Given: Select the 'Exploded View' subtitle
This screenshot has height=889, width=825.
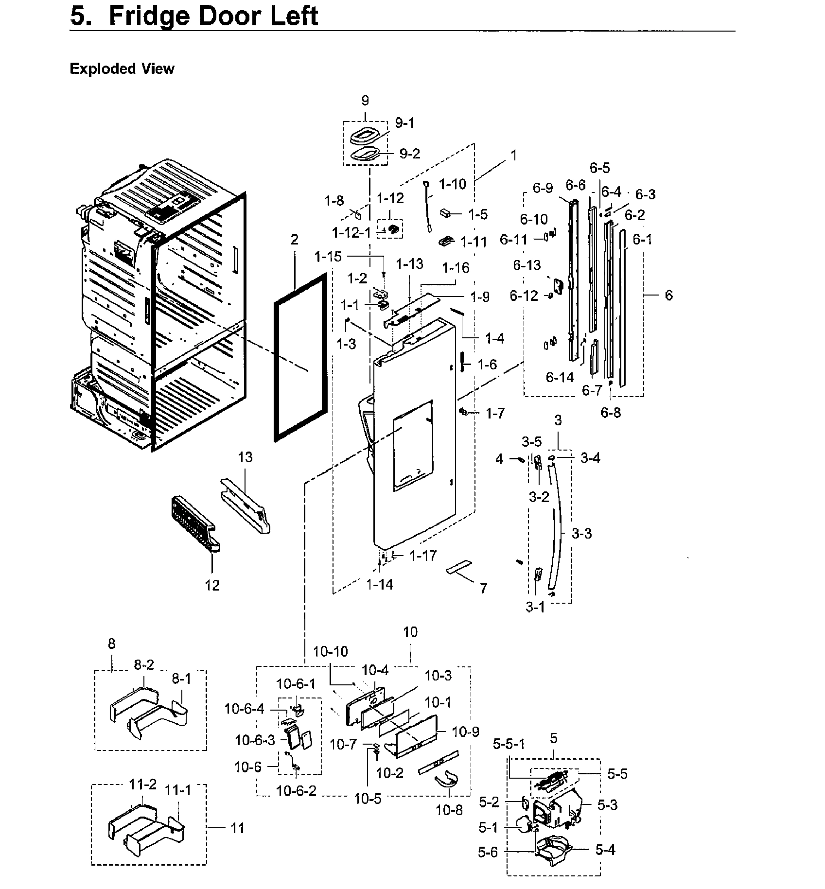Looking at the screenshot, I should (x=122, y=69).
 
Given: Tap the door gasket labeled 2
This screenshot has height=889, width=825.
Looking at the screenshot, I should (x=276, y=369).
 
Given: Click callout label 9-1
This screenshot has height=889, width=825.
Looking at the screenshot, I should (x=404, y=123).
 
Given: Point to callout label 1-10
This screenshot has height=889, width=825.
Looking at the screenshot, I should (x=452, y=184).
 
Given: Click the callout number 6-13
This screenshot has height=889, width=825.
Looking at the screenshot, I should (x=527, y=265).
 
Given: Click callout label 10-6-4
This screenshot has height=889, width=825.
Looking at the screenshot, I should (x=245, y=709).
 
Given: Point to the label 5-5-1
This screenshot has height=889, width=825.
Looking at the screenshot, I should (x=509, y=744).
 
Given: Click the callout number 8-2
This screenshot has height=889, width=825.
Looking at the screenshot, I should (x=144, y=665).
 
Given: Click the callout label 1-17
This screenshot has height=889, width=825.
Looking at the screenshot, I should (x=423, y=556).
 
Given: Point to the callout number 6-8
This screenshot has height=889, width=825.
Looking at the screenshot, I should (x=611, y=413).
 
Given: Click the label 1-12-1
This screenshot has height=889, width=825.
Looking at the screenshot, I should (x=351, y=233).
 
